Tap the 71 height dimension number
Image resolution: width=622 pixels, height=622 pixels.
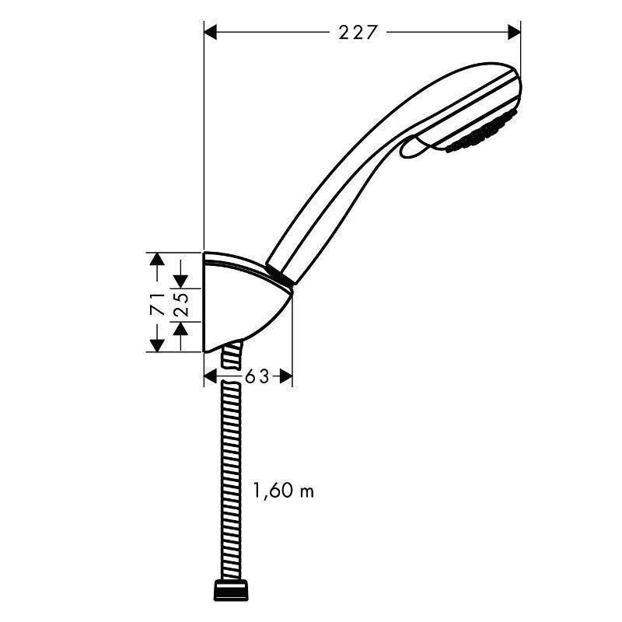(156, 302)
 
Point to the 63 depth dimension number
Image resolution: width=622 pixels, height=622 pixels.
(257, 377)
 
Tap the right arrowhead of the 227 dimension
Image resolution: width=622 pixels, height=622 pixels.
(514, 32)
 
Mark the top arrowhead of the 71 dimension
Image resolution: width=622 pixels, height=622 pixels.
(157, 258)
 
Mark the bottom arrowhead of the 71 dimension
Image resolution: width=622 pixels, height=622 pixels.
(157, 345)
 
